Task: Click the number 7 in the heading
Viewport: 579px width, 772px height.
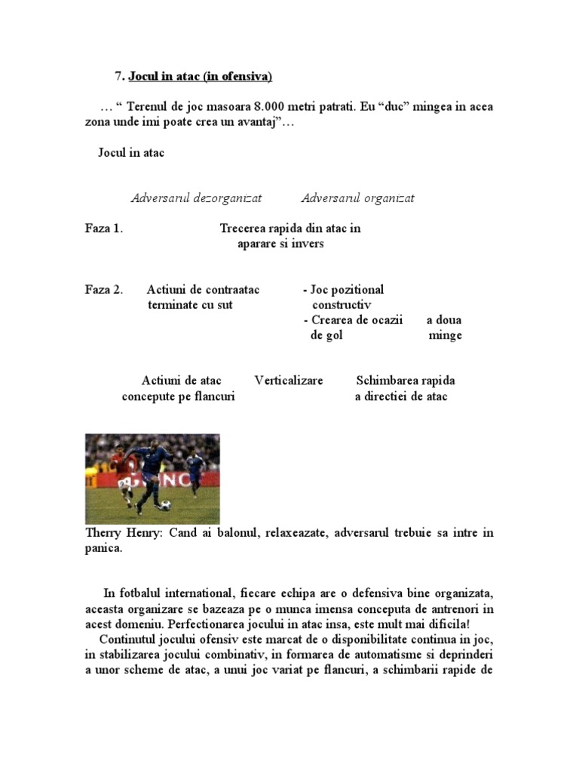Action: (118, 76)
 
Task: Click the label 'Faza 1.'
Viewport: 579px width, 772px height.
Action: (104, 228)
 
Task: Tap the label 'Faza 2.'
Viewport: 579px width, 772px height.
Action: (104, 289)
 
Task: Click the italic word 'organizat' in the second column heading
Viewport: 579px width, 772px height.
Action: (390, 198)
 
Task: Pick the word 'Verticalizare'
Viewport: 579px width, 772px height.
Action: (289, 381)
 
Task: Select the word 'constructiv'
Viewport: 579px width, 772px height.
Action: (342, 305)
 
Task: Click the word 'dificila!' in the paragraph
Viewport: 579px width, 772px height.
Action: (446, 624)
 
